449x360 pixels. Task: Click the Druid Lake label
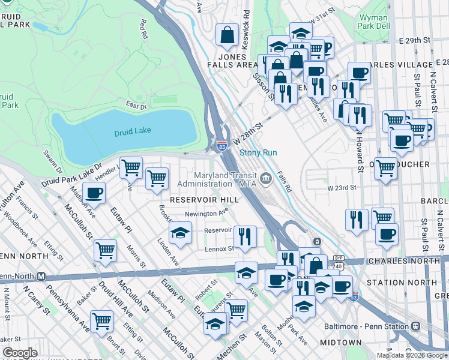click(x=132, y=131)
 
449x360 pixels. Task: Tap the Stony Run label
click(x=258, y=153)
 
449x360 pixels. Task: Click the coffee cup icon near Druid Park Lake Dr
click(x=94, y=194)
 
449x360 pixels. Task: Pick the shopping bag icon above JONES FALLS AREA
click(x=228, y=35)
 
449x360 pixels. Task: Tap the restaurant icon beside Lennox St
click(x=244, y=236)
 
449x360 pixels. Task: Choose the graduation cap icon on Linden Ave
click(x=179, y=233)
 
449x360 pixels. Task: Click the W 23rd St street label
click(x=342, y=188)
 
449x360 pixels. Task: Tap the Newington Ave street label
click(x=206, y=212)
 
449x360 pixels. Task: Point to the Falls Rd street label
click(x=285, y=182)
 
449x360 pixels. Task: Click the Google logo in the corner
click(x=20, y=353)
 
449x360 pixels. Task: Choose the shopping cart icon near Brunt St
click(x=101, y=320)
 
